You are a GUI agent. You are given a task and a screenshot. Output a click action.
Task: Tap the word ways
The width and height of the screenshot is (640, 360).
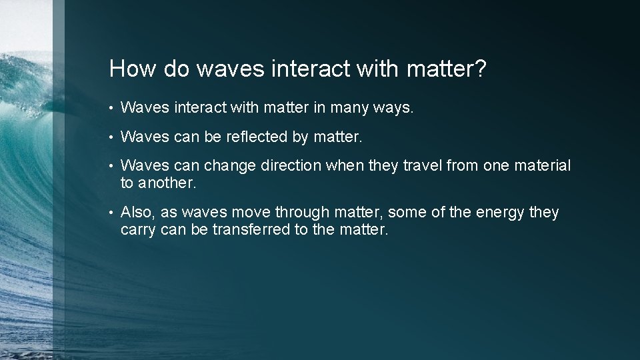[393, 108]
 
